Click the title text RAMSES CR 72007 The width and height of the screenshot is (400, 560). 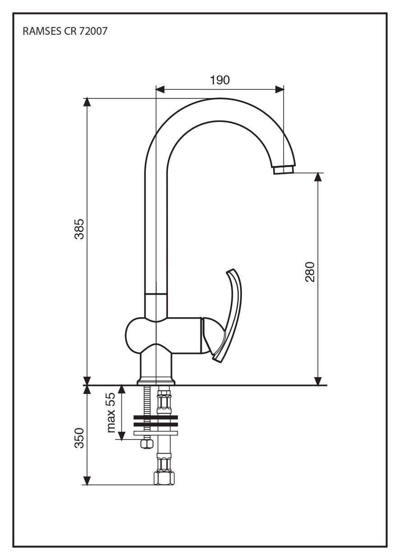(65, 32)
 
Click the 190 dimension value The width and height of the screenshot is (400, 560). (220, 80)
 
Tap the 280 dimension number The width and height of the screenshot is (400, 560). (310, 272)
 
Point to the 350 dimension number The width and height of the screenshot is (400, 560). (79, 438)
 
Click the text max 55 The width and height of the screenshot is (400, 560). (111, 412)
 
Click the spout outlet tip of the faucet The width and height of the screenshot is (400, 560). (284, 170)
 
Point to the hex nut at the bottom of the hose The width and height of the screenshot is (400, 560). (163, 478)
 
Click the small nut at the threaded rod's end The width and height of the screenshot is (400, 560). (146, 444)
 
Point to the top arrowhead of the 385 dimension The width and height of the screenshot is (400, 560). (87, 102)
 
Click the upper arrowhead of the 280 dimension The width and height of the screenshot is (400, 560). (318, 176)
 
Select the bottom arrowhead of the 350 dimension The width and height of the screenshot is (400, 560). (87, 481)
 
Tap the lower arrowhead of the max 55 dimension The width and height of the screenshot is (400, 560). (121, 435)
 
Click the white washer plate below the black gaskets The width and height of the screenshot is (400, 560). (156, 433)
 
